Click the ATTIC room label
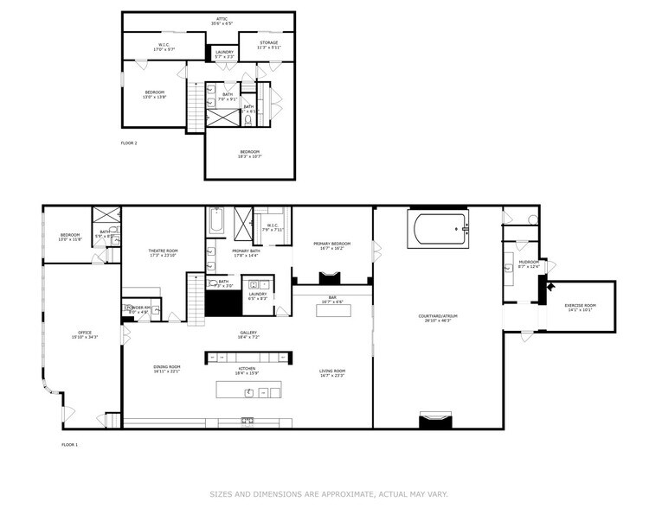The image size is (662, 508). pos(222,19)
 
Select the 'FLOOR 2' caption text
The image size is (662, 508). pos(128,143)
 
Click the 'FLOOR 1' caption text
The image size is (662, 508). pos(69,444)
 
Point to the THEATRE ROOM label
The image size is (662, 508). pos(163,251)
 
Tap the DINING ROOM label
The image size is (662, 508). pos(167,367)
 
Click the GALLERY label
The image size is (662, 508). pos(249,333)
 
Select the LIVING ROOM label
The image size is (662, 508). pos(332,372)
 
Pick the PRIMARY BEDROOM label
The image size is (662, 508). pos(331,244)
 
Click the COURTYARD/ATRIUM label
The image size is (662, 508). pos(438,316)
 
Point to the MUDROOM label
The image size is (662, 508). pos(529,263)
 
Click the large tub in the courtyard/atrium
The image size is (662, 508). pos(439,231)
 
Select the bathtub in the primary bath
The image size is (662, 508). pos(216,222)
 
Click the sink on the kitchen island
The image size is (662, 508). pos(250,392)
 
